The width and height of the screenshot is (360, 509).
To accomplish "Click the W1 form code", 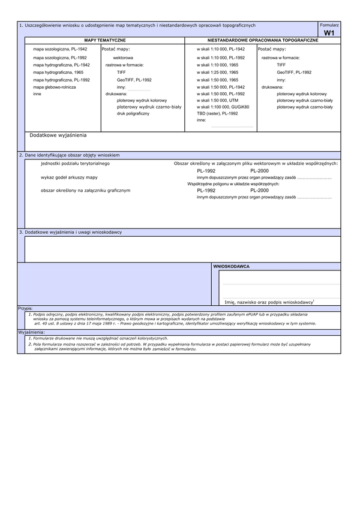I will click(329, 34).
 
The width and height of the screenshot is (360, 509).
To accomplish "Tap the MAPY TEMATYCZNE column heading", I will click(104, 39).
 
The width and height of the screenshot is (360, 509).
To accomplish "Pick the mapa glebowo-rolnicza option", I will click(55, 87).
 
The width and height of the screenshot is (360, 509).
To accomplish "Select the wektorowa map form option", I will click(123, 58).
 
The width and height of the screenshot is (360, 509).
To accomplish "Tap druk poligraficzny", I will click(133, 113).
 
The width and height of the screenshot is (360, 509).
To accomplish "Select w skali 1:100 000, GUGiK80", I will click(223, 107).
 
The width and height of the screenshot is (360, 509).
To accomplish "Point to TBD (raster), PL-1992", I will click(217, 113).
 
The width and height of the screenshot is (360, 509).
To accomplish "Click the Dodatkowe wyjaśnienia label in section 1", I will click(58, 135).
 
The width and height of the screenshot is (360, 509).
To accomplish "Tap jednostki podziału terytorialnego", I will click(75, 163).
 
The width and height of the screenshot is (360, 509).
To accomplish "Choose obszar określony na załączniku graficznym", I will click(85, 190).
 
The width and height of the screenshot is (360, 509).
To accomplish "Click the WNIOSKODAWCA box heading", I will click(232, 266).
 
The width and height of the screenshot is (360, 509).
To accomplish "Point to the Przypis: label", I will click(25, 308).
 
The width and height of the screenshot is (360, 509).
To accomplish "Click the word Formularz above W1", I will click(329, 25).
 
